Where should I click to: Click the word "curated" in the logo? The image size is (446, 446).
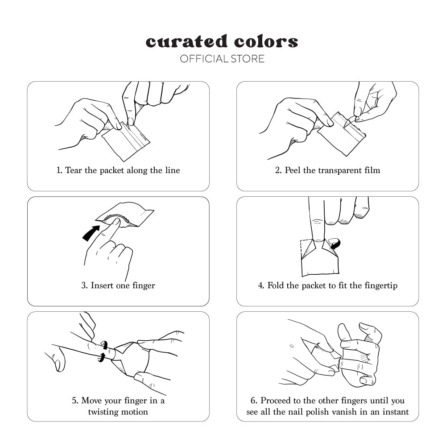[x=186, y=41]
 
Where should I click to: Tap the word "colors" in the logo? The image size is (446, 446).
[x=266, y=42]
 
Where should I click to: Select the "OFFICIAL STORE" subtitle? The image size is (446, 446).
[x=222, y=59]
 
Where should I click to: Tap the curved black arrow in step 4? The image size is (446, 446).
[x=335, y=244]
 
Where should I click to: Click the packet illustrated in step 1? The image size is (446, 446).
[x=126, y=141]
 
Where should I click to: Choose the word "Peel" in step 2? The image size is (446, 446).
[x=293, y=170]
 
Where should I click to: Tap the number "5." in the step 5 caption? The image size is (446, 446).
[x=75, y=401]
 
